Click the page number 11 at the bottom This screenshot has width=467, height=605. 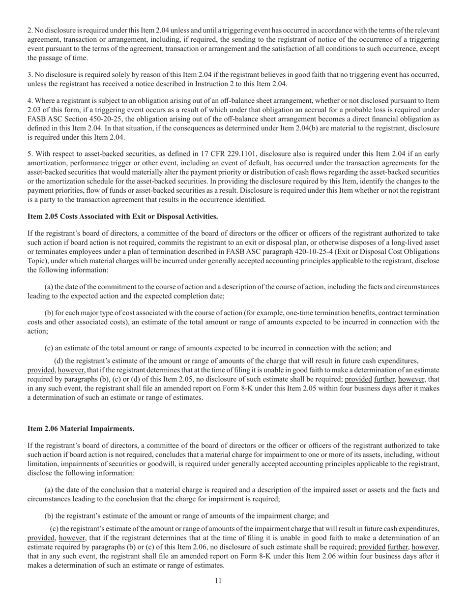point(218,580)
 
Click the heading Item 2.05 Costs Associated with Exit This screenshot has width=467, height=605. point(123,216)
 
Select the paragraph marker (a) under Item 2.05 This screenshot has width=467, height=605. point(49,287)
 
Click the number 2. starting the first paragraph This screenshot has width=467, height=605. point(30,30)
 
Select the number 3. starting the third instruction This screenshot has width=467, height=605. point(30,75)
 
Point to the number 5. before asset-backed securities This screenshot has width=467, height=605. point(30,153)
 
